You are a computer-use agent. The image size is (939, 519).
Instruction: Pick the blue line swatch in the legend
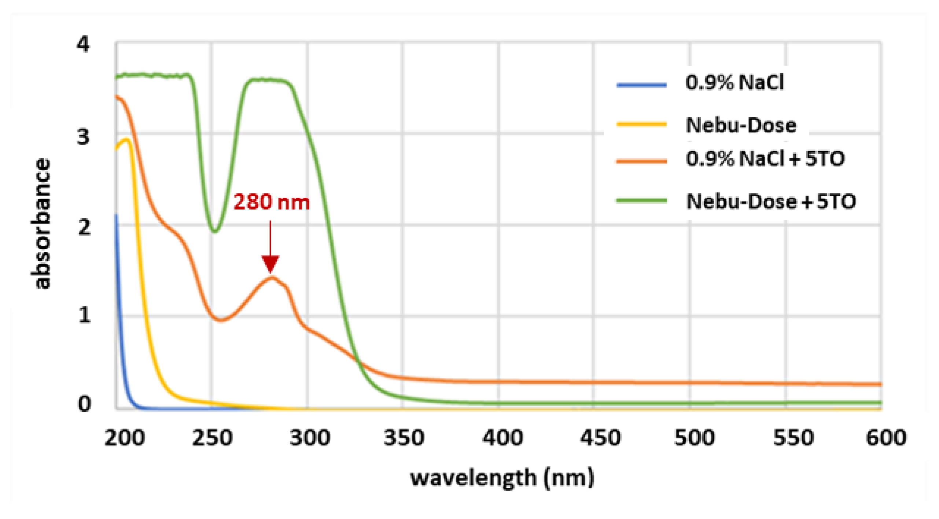tap(641, 85)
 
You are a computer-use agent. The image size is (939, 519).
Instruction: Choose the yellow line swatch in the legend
tap(641, 125)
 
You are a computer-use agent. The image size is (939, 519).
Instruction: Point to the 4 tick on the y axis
tap(83, 45)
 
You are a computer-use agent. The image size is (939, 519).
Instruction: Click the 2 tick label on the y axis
tap(84, 227)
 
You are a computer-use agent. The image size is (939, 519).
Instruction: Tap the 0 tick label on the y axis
tap(84, 404)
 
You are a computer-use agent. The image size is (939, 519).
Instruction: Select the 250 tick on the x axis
tap(212, 438)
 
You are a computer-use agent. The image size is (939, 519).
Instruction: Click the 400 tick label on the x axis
tap(502, 438)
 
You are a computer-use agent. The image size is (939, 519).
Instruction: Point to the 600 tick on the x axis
tap(886, 438)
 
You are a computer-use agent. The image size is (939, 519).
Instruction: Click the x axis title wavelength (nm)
tap(502, 478)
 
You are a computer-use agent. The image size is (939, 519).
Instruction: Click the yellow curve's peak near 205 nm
tap(127, 139)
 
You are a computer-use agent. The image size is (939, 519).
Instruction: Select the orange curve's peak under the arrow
tap(272, 277)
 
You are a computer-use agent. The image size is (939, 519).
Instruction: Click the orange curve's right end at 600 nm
tap(880, 384)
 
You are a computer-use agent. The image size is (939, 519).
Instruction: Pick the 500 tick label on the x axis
tap(695, 438)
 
